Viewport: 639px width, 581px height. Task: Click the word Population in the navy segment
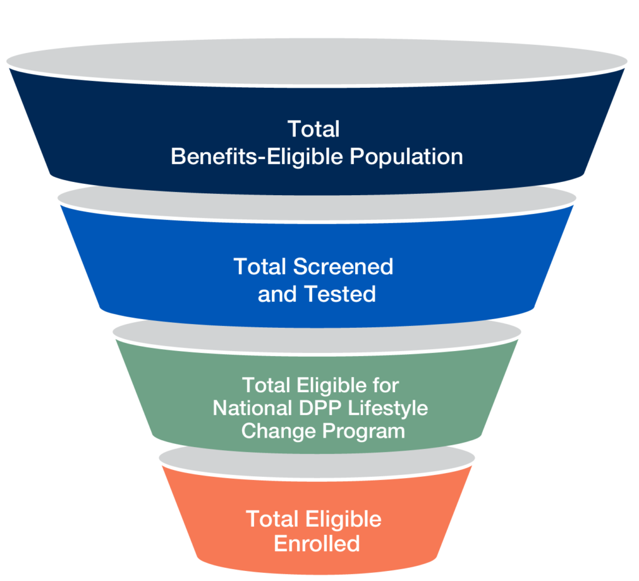(406, 156)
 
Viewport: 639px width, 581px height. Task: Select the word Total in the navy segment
(313, 129)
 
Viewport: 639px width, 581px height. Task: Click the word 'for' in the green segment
(385, 385)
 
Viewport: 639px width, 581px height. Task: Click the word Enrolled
(317, 544)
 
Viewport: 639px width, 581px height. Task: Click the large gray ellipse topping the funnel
(317, 60)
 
